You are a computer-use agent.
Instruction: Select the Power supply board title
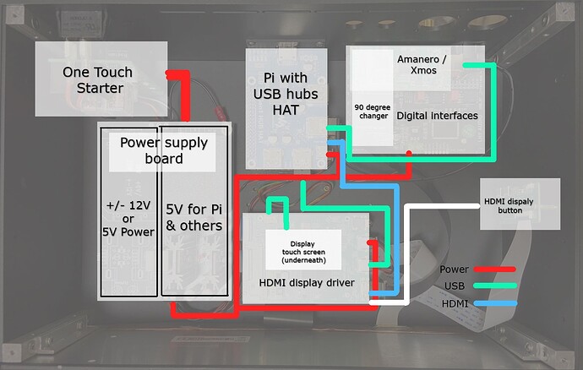click(x=162, y=150)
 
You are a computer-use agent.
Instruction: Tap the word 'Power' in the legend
click(x=455, y=270)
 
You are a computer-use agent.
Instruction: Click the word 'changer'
click(x=372, y=116)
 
